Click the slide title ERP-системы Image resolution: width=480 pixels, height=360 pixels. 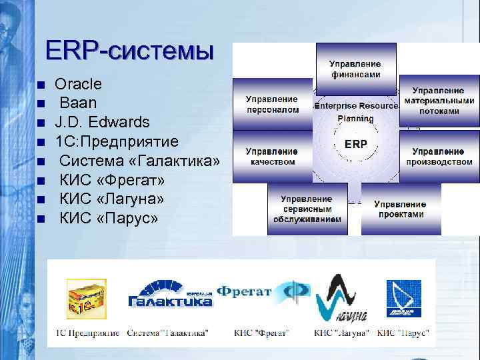129,51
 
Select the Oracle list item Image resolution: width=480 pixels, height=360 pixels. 78,84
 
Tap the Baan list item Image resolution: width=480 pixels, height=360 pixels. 78,103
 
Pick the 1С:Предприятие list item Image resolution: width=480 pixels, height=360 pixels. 116,141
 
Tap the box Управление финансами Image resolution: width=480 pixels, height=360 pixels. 356,69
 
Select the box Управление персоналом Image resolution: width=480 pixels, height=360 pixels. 272,104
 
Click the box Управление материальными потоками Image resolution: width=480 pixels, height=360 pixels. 438,101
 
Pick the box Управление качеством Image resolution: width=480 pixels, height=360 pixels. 272,156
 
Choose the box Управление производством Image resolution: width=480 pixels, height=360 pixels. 439,157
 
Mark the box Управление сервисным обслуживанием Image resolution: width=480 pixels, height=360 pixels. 307,209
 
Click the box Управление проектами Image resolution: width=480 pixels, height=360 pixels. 400,209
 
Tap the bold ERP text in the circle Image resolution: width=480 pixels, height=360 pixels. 355,144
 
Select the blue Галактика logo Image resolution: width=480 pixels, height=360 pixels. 170,296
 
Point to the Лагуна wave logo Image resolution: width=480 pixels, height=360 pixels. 340,299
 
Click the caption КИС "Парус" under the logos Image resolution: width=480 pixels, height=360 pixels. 403,333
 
